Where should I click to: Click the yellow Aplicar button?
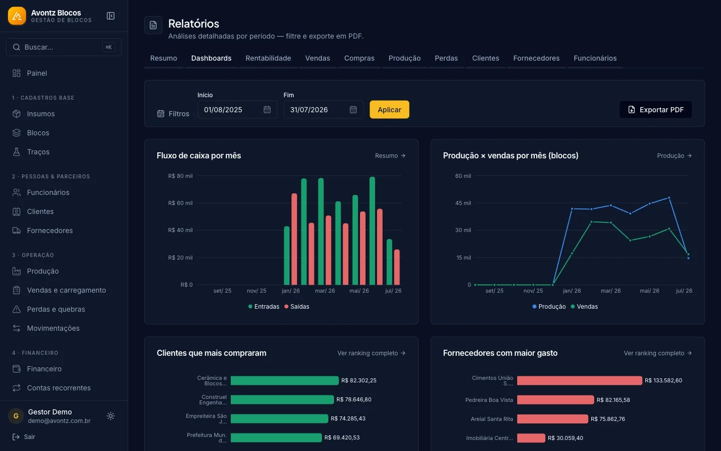pyautogui.click(x=389, y=110)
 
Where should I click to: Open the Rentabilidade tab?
pyautogui.click(x=268, y=58)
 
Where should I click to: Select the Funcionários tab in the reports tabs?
pyautogui.click(x=595, y=58)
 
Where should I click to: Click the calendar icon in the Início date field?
pyautogui.click(x=267, y=110)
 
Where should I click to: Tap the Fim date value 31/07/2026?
pyautogui.click(x=308, y=110)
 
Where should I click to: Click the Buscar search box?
pyautogui.click(x=64, y=47)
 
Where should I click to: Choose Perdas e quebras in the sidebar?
pyautogui.click(x=56, y=309)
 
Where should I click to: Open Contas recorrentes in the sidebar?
pyautogui.click(x=59, y=388)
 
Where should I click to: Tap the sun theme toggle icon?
pyautogui.click(x=110, y=416)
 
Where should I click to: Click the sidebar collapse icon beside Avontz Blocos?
pyautogui.click(x=110, y=16)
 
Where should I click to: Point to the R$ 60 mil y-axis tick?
pyautogui.click(x=180, y=203)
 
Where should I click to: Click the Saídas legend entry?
pyautogui.click(x=296, y=306)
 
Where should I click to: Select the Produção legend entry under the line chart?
pyautogui.click(x=549, y=306)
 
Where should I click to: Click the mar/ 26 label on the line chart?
pyautogui.click(x=611, y=291)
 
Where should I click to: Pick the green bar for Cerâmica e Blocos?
pyautogui.click(x=284, y=380)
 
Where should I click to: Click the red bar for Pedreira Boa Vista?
pyautogui.click(x=555, y=400)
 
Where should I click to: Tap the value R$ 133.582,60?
pyautogui.click(x=663, y=380)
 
